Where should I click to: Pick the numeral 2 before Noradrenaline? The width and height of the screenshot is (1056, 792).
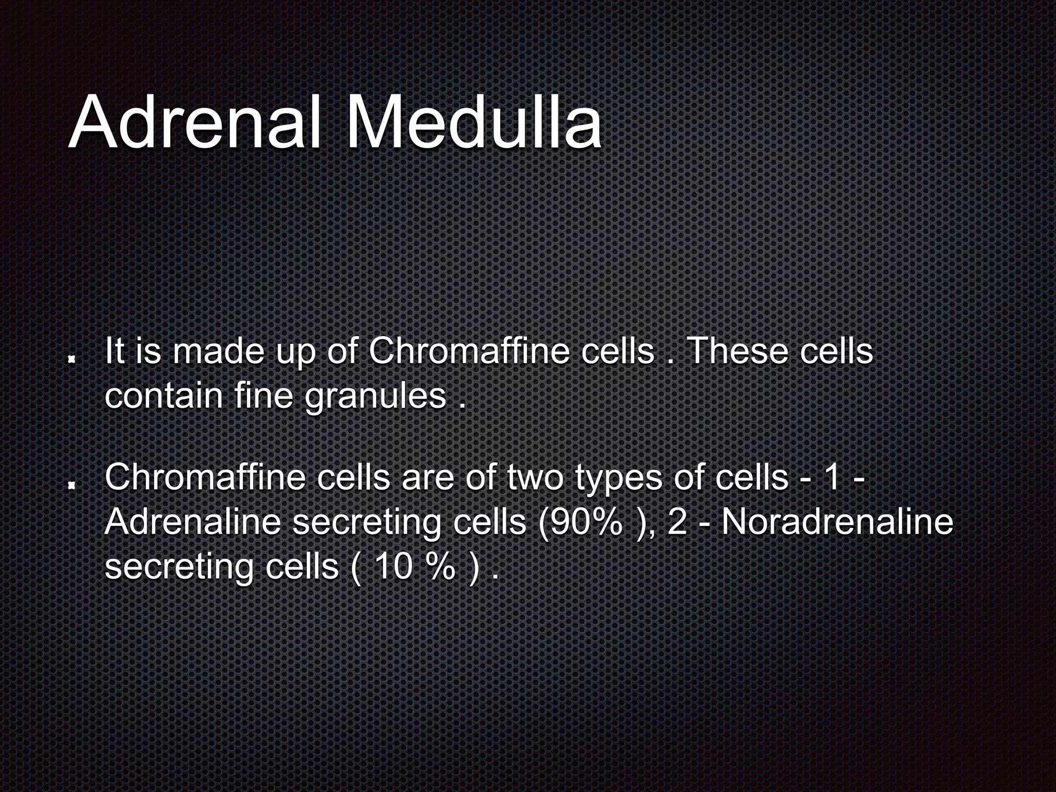678,522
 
